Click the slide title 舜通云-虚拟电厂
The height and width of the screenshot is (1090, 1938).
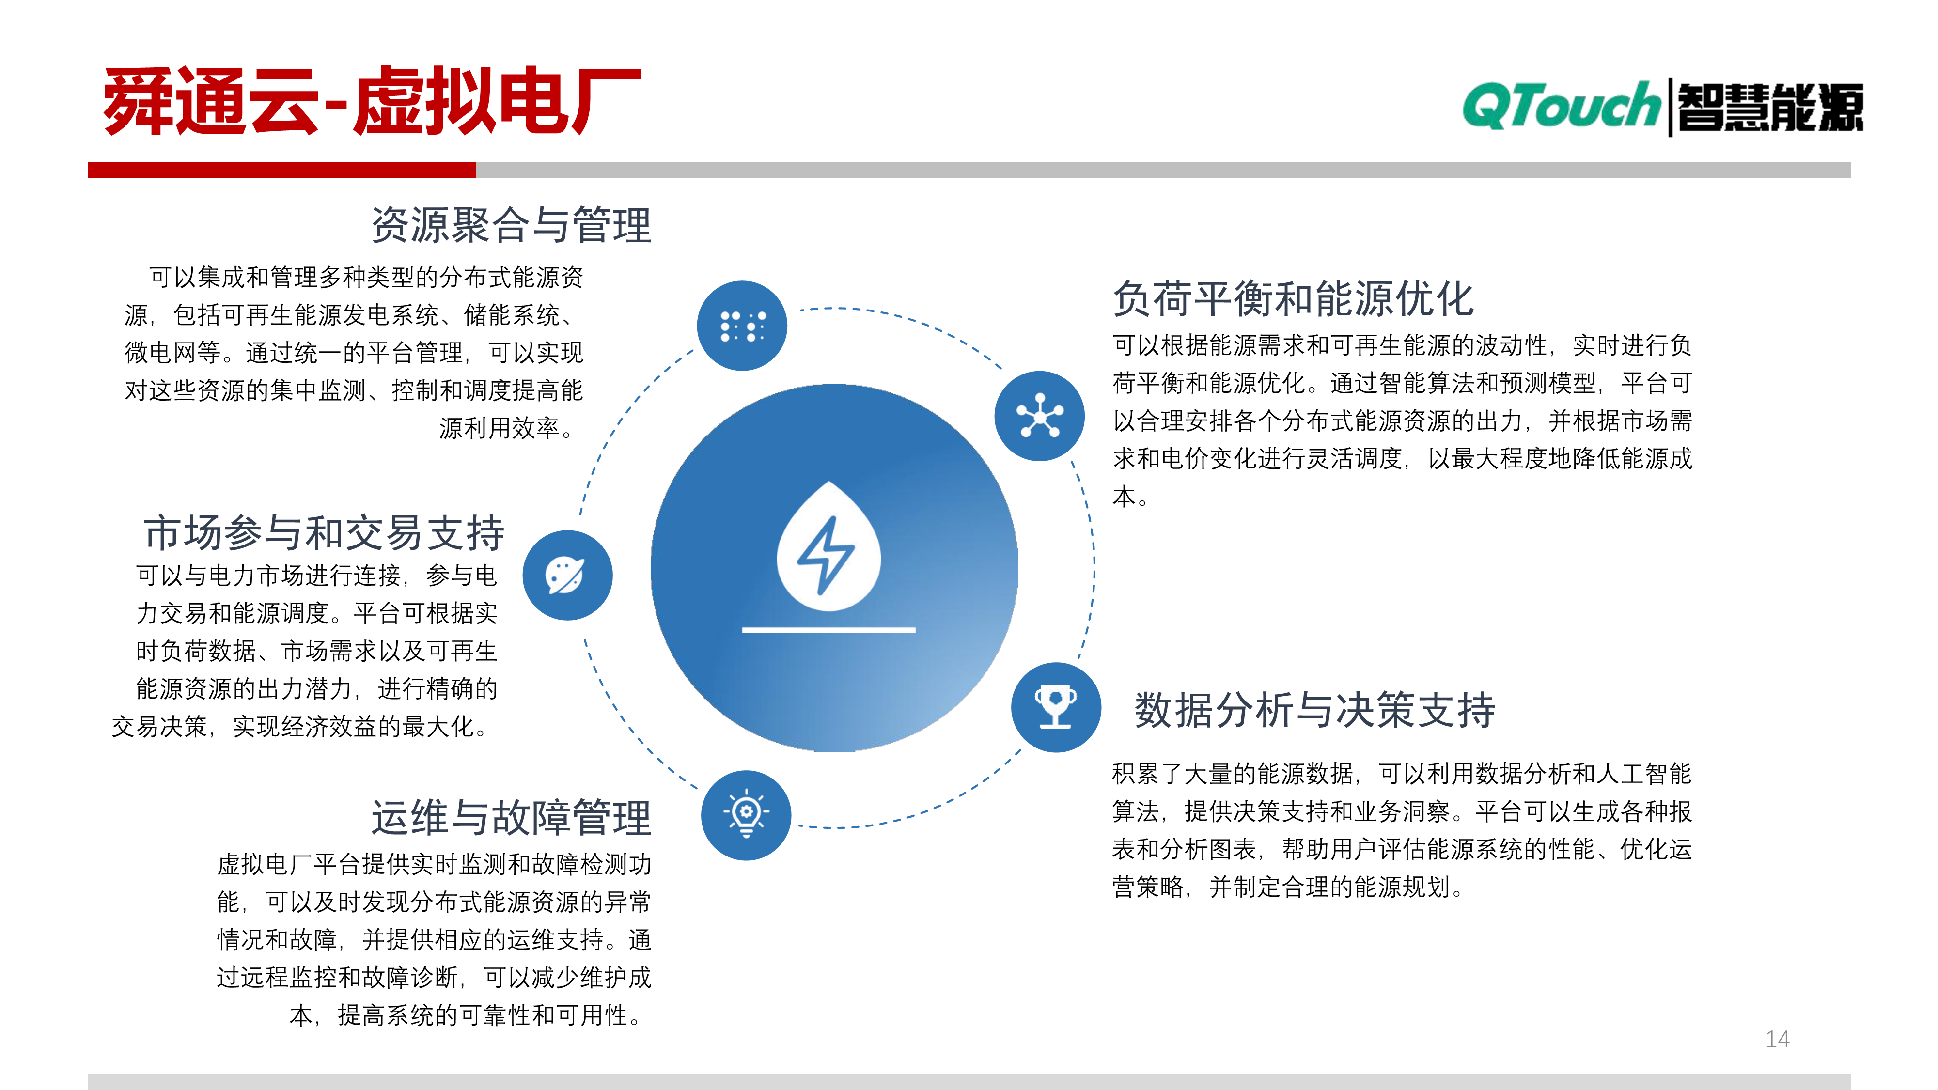point(372,102)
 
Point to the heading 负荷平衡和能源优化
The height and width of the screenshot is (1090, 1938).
point(1293,298)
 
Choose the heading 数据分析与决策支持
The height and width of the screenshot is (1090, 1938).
point(1314,710)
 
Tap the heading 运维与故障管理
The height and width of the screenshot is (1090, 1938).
point(512,818)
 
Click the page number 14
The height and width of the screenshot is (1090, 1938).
point(1777,1039)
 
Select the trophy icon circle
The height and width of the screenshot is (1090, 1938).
point(1056,707)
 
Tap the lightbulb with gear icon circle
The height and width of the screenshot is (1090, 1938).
point(746,815)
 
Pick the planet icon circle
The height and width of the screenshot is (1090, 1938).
point(567,576)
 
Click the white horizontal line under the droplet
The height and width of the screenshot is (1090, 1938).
point(828,630)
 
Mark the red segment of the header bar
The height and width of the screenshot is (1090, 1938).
point(281,170)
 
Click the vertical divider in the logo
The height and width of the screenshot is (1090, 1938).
point(1670,107)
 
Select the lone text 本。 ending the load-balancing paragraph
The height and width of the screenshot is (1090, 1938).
point(1130,497)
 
